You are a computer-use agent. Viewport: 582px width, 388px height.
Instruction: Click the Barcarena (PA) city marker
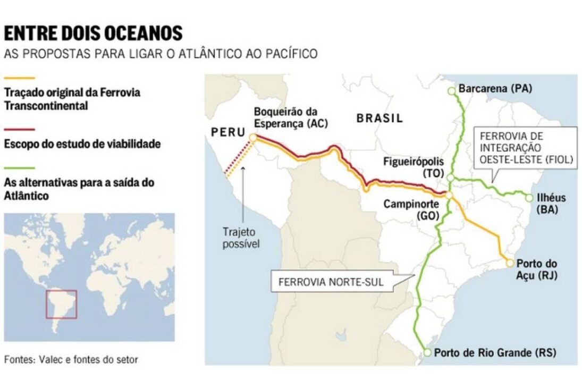(x=451, y=91)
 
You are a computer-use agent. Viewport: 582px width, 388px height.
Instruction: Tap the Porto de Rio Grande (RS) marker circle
(x=427, y=352)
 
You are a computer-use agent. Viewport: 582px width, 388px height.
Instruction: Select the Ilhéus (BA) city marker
(x=529, y=198)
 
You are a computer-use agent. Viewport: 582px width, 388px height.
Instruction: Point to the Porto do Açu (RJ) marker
(x=510, y=263)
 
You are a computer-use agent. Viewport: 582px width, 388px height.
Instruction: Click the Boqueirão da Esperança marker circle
(x=253, y=137)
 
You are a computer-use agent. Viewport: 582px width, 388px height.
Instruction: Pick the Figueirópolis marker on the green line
(x=450, y=178)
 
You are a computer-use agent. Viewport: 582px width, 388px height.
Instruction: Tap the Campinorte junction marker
(x=449, y=196)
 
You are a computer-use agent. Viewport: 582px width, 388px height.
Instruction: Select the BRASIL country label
(x=379, y=118)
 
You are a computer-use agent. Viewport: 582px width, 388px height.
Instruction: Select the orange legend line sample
(x=19, y=78)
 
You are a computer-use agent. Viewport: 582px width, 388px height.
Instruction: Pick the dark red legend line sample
(x=19, y=129)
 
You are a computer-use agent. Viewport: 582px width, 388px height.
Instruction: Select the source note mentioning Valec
(x=71, y=359)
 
